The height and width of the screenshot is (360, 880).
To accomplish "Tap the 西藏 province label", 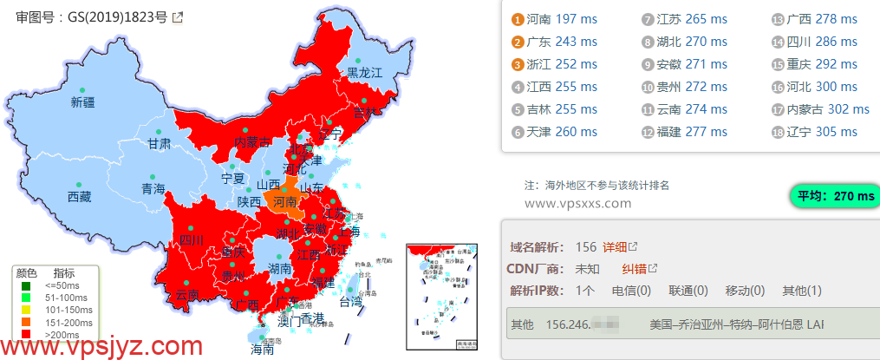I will tap(79, 197).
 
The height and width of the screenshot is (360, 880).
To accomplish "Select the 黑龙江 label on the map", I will tap(365, 73).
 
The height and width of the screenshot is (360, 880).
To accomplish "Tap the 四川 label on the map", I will tap(190, 240).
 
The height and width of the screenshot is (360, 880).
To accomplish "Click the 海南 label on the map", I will tap(262, 350).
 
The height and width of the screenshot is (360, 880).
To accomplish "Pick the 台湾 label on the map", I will tap(350, 303).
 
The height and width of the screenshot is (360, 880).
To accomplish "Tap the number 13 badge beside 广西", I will tap(778, 19).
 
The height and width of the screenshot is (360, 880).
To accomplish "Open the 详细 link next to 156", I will tap(614, 247).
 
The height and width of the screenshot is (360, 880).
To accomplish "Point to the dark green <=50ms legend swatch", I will tap(27, 285).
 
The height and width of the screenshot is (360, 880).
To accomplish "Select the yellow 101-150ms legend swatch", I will tap(27, 310).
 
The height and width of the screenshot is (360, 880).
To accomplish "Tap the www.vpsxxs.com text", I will tap(578, 203).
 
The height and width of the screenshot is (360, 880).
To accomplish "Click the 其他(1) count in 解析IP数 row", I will tap(802, 291).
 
